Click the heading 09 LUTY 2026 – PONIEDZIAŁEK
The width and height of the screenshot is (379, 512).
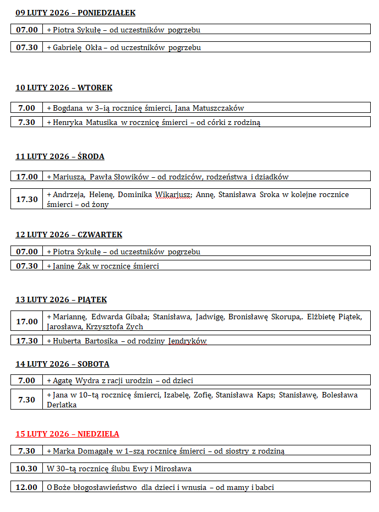(75, 13)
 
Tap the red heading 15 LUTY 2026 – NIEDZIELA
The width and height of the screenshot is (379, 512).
(67, 434)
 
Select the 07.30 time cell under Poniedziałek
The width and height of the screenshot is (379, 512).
(27, 47)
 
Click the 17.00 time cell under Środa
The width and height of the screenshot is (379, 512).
(27, 177)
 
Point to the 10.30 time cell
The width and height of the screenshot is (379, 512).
(27, 469)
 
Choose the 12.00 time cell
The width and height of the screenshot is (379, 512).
(27, 487)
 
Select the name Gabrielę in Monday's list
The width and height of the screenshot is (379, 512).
(67, 47)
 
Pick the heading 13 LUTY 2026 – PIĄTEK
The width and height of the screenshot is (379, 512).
(61, 299)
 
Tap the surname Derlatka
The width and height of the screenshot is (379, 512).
(62, 405)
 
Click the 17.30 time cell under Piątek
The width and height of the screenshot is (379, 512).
(27, 341)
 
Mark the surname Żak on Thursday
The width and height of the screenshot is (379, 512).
(91, 266)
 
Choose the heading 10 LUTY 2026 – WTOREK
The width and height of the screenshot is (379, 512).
(64, 88)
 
